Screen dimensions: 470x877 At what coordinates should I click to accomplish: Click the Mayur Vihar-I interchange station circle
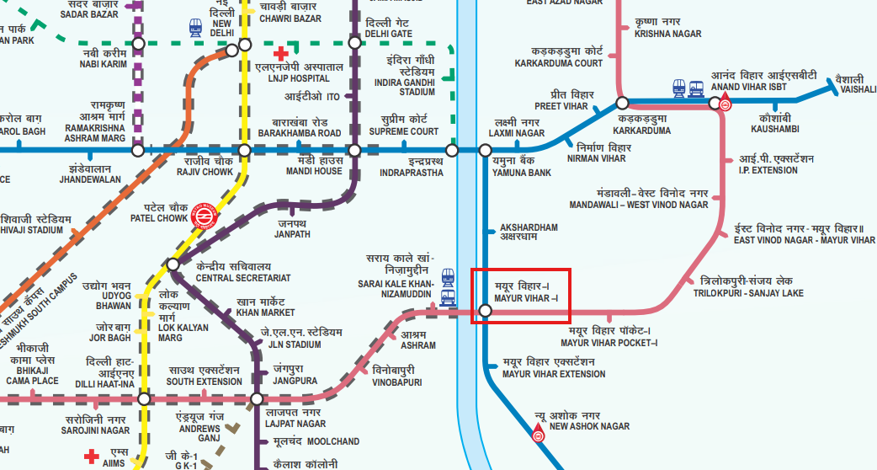click(x=485, y=311)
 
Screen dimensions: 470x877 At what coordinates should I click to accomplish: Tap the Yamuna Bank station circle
click(x=485, y=150)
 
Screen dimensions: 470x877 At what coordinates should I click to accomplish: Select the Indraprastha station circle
click(x=453, y=150)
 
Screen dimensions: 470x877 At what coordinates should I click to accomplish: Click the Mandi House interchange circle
click(x=355, y=150)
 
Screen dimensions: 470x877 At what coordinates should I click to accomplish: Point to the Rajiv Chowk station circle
click(x=245, y=150)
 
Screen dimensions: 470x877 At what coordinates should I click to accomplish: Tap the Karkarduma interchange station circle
click(x=622, y=104)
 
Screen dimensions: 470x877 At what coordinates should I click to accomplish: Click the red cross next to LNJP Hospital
click(x=282, y=54)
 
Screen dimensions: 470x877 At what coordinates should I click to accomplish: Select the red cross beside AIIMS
click(x=91, y=457)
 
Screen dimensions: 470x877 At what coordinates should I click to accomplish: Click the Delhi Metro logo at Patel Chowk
click(x=199, y=216)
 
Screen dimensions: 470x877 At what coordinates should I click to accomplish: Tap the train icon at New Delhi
click(x=195, y=28)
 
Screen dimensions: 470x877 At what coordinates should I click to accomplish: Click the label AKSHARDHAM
click(x=529, y=227)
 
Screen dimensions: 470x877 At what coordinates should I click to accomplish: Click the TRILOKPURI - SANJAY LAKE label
click(x=748, y=293)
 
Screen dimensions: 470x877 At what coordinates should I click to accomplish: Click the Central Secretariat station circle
click(x=173, y=264)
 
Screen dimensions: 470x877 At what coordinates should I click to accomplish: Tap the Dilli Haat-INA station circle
click(x=144, y=398)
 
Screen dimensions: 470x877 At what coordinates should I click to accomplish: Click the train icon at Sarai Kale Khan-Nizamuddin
click(x=448, y=289)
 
